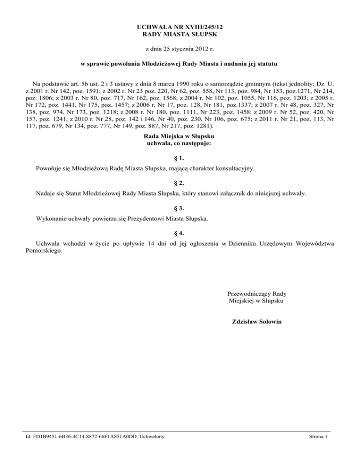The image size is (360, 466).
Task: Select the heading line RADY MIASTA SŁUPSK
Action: pos(180,35)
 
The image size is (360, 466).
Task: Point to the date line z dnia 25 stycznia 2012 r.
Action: pos(180,49)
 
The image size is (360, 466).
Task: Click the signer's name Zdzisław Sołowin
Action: pos(256,322)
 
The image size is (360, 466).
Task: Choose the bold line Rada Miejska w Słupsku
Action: pos(180,136)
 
